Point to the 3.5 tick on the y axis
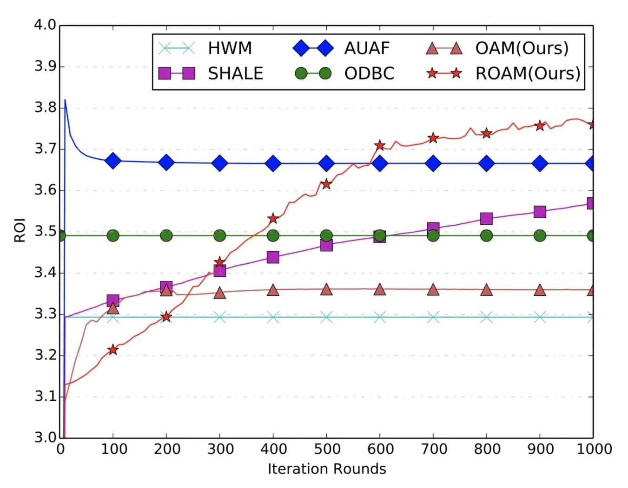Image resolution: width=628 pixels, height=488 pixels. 45,231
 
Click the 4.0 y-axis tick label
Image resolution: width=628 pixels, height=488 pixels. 45,25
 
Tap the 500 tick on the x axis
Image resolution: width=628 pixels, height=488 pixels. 327,449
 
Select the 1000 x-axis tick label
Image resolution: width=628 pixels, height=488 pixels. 594,449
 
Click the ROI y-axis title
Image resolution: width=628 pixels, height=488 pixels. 20,230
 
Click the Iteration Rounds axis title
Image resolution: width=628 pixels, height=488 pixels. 327,469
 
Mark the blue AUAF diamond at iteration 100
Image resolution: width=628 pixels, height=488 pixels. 113,161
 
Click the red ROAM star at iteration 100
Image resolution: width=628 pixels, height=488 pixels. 113,350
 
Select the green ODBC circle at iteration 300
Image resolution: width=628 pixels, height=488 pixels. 220,236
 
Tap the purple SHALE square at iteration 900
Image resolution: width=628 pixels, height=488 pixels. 540,212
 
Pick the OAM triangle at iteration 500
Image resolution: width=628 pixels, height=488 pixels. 326,290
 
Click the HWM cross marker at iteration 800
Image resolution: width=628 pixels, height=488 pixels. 486,318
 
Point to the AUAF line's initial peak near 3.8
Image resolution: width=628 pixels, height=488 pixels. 65,100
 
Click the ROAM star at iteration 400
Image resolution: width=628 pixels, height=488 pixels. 273,218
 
